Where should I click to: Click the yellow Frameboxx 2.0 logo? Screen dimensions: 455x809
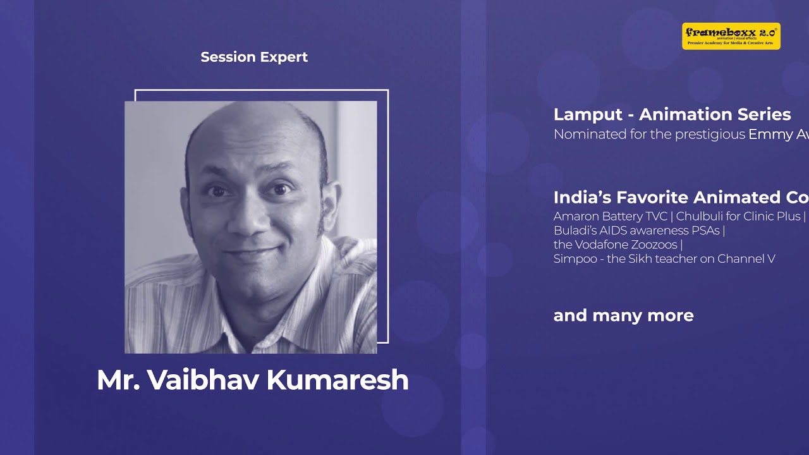[x=731, y=36]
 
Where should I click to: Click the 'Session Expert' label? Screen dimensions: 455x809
[x=254, y=57]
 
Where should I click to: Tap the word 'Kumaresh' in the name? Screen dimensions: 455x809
[x=338, y=380]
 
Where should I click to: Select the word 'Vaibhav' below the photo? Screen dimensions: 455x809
[x=203, y=380]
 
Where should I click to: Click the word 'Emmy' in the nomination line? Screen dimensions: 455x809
[x=767, y=135]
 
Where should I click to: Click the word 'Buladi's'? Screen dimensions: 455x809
[x=576, y=231]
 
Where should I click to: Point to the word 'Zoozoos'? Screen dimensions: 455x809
[x=654, y=245]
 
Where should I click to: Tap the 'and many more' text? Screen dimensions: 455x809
[x=623, y=315]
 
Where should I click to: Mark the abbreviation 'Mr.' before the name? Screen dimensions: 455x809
[x=118, y=380]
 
